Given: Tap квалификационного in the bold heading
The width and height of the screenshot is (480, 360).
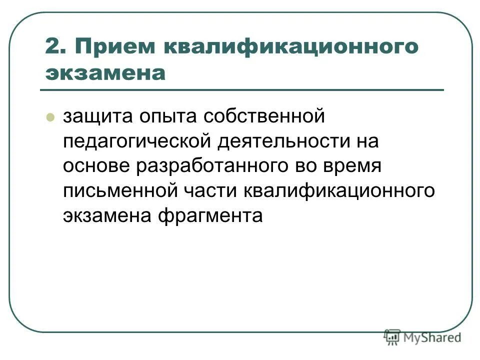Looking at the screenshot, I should [290, 47].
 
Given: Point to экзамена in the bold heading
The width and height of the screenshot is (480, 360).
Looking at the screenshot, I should [105, 73].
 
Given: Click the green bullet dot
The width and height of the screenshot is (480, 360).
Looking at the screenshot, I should [50, 118].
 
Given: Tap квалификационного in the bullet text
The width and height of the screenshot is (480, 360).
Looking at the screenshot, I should [338, 192].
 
